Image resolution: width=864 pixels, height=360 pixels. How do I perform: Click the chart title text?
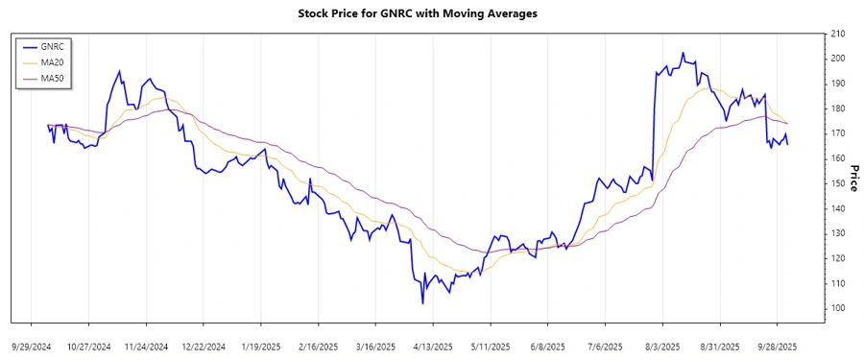click(431, 13)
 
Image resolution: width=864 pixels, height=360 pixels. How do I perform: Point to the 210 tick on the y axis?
click(838, 34)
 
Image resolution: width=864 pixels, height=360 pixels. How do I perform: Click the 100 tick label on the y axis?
click(838, 308)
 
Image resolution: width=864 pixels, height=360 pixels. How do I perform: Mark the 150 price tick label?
click(838, 183)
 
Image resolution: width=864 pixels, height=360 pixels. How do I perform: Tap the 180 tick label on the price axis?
click(838, 108)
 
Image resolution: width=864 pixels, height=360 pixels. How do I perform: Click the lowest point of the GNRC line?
click(422, 303)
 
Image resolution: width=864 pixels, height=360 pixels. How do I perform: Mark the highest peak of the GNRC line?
click(683, 53)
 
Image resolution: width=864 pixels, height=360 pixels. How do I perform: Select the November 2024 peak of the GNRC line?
click(119, 71)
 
